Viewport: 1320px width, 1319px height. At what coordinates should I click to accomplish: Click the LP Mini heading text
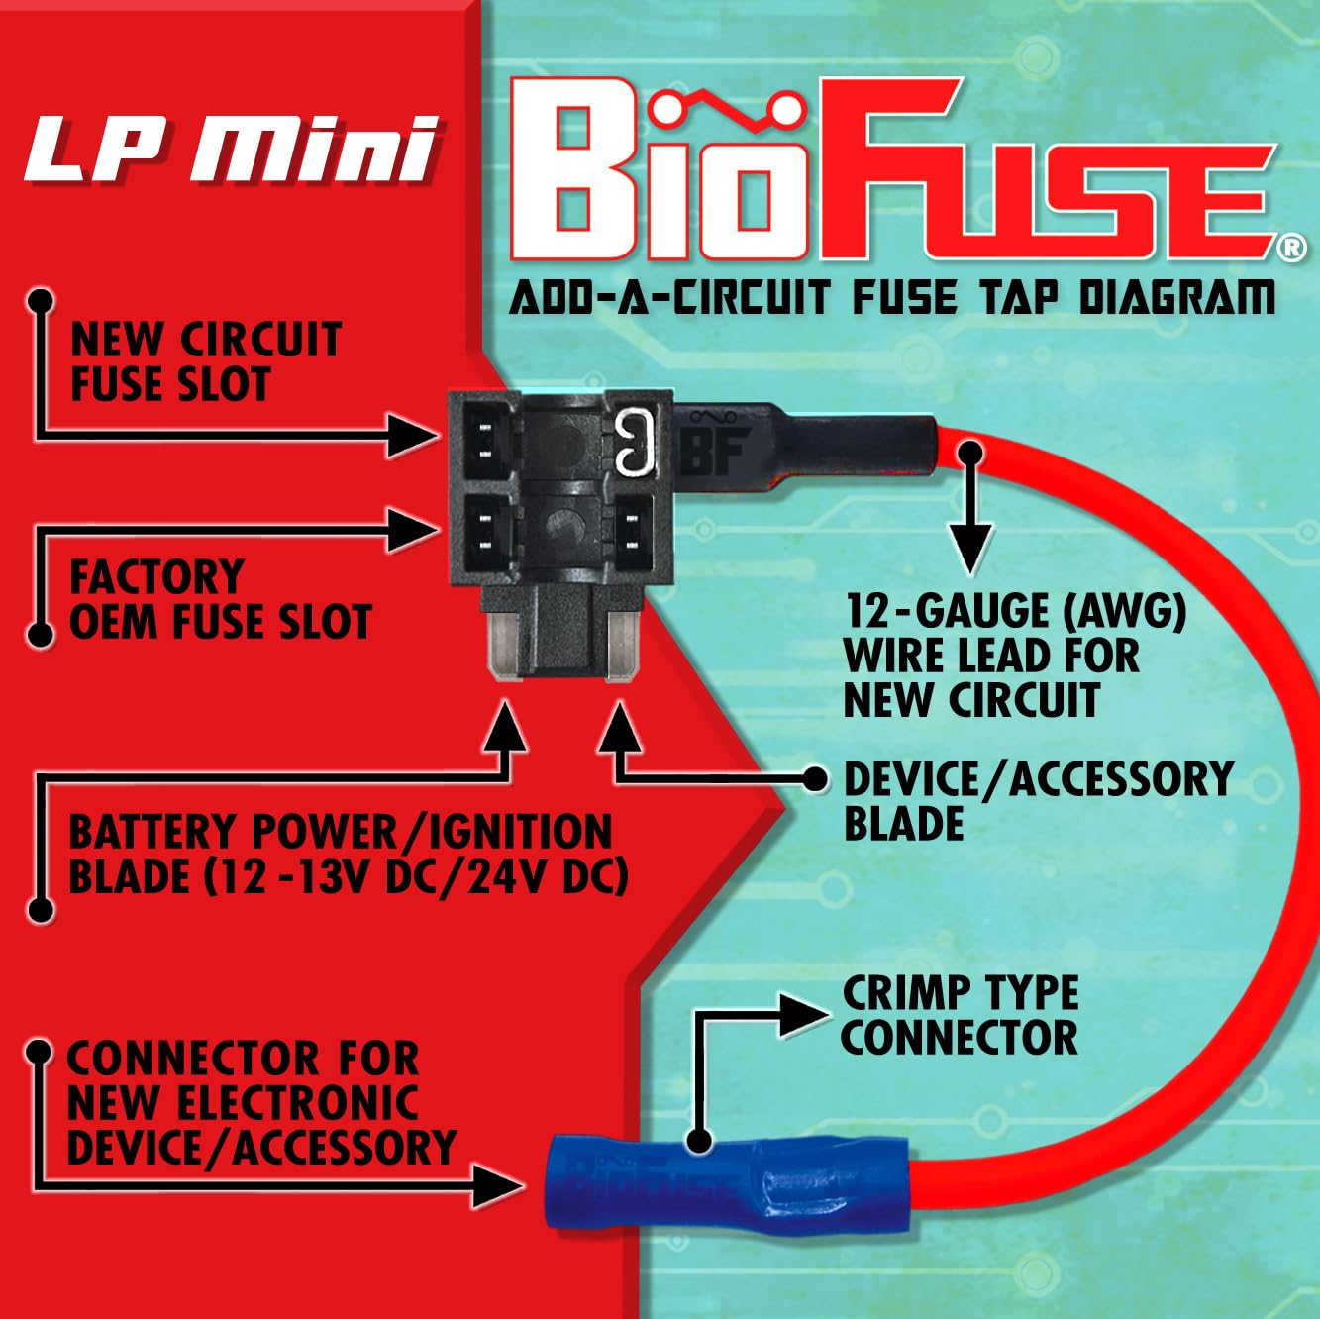click(231, 151)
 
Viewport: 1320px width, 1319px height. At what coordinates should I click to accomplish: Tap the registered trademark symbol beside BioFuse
click(1290, 248)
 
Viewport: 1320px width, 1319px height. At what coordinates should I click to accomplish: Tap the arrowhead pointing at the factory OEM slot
click(415, 531)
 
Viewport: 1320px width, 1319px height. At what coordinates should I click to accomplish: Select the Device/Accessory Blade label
click(1037, 801)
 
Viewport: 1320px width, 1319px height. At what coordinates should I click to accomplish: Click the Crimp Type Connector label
click(960, 1015)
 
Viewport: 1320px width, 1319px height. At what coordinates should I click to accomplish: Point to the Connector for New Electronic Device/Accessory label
click(260, 1103)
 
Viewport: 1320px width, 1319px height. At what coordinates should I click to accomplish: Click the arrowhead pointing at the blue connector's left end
click(499, 1185)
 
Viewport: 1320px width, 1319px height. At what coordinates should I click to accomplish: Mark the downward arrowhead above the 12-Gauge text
click(972, 547)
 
